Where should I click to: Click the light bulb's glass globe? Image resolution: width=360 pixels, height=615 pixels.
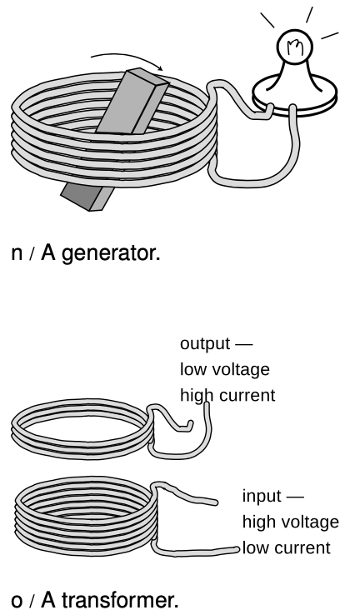pyautogui.click(x=294, y=47)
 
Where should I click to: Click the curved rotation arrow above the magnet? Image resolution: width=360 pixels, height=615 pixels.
pyautogui.click(x=127, y=59)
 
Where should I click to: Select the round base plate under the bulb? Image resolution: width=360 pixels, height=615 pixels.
pyautogui.click(x=294, y=96)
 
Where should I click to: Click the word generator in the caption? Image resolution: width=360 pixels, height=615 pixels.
pyautogui.click(x=111, y=253)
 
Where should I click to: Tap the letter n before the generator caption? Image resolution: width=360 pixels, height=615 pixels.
pyautogui.click(x=17, y=254)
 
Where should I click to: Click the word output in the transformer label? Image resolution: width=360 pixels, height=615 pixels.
pyautogui.click(x=205, y=344)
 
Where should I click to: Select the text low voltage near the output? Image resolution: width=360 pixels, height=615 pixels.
pyautogui.click(x=225, y=369)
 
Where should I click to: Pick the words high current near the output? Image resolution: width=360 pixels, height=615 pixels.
pyautogui.click(x=227, y=395)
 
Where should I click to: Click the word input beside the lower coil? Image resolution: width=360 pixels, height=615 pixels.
pyautogui.click(x=262, y=497)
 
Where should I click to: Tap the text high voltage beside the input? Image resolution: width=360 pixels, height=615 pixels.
pyautogui.click(x=291, y=522)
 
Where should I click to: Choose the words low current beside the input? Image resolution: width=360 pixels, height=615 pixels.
pyautogui.click(x=287, y=548)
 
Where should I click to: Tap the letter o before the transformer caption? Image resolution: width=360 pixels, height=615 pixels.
pyautogui.click(x=17, y=601)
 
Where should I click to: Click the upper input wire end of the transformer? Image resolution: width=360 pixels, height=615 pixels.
pyautogui.click(x=215, y=502)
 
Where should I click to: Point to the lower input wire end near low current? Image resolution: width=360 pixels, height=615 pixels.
pyautogui.click(x=236, y=550)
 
